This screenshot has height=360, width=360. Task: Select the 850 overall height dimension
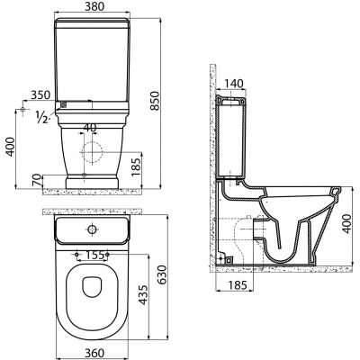[155, 101]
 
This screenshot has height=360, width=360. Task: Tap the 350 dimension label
[40, 94]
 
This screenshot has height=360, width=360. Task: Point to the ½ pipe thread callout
[41, 117]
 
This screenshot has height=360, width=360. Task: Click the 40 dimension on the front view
[90, 128]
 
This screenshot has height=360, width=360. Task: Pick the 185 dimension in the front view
[136, 167]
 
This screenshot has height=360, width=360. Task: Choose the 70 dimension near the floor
[37, 180]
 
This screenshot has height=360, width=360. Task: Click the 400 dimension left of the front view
[10, 147]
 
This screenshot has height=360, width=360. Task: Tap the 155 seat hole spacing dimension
[92, 255]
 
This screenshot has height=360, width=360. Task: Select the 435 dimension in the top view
[143, 295]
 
